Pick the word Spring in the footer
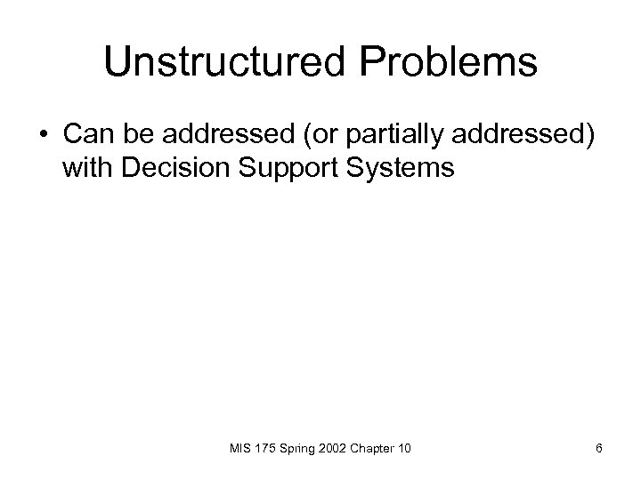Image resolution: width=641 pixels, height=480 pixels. [x=302, y=448]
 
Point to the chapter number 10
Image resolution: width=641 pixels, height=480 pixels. [x=407, y=448]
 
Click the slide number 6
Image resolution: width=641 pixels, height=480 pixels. [x=599, y=448]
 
